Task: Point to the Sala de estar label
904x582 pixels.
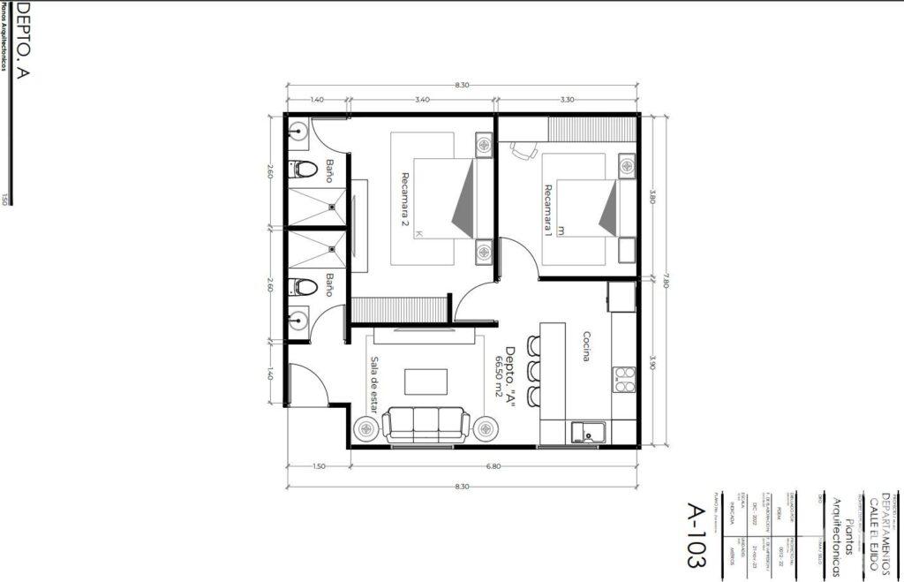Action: tap(374, 385)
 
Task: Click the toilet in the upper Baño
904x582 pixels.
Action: tap(303, 169)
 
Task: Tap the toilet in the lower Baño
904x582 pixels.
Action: tap(304, 286)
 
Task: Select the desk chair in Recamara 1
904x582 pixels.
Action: tap(523, 150)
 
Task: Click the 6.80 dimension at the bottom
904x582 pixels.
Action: tap(493, 466)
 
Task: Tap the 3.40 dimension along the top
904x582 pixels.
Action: tap(422, 100)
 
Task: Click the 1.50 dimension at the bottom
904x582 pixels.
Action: tap(319, 466)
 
